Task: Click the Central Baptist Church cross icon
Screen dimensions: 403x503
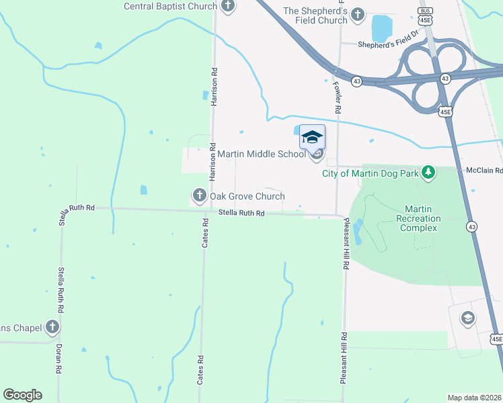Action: click(228, 7)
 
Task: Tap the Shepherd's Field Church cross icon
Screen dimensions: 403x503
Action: click(358, 13)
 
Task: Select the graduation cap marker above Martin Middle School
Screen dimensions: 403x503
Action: click(312, 137)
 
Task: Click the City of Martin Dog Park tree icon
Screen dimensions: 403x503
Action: click(428, 173)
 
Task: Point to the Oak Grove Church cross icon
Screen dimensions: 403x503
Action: click(199, 196)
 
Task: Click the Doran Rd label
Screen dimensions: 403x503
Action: click(59, 359)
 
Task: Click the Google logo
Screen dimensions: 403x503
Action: click(22, 395)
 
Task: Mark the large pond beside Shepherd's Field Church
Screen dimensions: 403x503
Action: click(382, 28)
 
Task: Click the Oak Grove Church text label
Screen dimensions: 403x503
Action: click(247, 197)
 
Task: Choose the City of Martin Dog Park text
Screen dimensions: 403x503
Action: click(371, 173)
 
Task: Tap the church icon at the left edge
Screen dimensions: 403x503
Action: click(52, 328)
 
